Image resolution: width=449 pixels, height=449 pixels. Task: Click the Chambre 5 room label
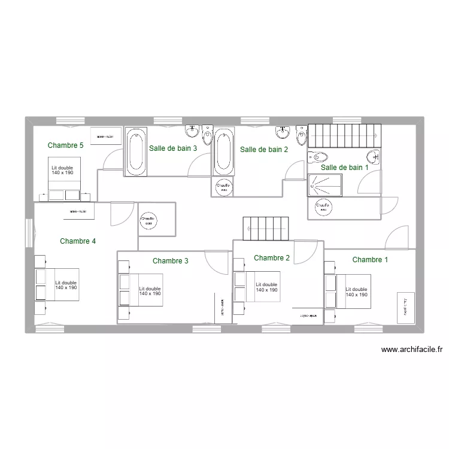[x=65, y=145]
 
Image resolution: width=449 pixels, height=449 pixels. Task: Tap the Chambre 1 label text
[x=370, y=259]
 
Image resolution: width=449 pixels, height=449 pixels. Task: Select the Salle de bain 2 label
[x=264, y=150]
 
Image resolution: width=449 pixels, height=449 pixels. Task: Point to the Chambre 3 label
[x=171, y=260]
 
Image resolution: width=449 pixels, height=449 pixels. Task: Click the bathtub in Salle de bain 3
[x=135, y=151]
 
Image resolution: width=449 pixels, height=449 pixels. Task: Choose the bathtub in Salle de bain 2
[x=224, y=151]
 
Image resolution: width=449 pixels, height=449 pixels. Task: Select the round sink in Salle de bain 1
[x=374, y=157]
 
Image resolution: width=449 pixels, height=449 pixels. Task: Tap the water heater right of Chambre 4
[x=147, y=220]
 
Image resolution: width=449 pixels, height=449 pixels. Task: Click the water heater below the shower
[x=323, y=208]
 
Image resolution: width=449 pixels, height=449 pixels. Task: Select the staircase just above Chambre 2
[x=266, y=228]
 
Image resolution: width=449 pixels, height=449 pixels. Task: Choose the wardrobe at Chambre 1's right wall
[x=405, y=307]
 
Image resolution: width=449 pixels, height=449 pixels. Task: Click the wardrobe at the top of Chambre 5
[x=106, y=136]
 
